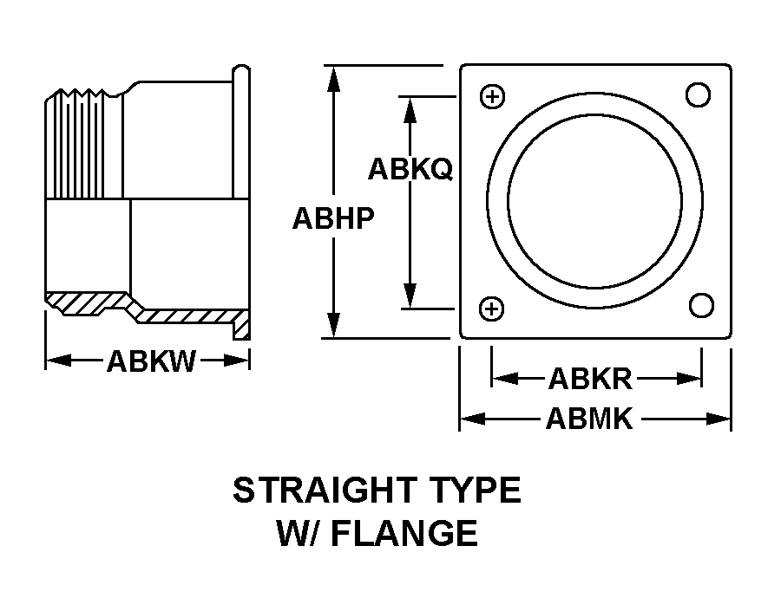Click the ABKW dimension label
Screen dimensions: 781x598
(151, 361)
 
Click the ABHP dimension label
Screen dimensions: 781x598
(333, 218)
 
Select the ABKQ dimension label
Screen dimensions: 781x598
(410, 169)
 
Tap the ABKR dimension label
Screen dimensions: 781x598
(590, 379)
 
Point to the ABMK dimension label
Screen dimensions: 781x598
(589, 419)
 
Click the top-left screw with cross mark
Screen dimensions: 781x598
(493, 96)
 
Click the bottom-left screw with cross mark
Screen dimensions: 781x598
(492, 309)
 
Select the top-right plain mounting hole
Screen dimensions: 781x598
(698, 94)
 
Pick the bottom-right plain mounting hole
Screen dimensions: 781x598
(701, 305)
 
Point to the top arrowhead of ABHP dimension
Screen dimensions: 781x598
(334, 78)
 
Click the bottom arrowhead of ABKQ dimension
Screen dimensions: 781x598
(410, 296)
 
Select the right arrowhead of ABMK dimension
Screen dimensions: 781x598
(719, 419)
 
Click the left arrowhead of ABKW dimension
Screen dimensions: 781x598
(58, 361)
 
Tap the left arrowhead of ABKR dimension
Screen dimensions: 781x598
(504, 379)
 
